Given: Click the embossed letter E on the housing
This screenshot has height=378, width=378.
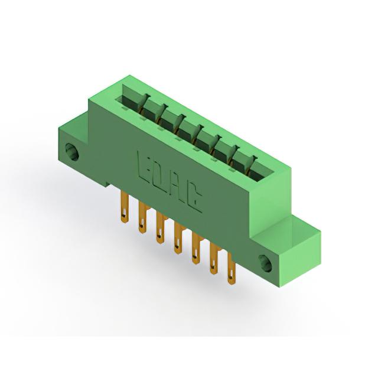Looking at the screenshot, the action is [144, 168].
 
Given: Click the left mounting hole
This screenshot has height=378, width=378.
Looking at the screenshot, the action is [72, 151].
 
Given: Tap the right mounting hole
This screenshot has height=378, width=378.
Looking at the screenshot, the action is [265, 263].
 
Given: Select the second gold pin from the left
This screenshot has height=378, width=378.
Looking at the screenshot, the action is [142, 218].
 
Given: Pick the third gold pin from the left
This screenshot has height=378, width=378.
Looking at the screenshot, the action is [160, 228].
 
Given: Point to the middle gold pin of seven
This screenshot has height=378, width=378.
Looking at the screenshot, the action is [178, 238].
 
